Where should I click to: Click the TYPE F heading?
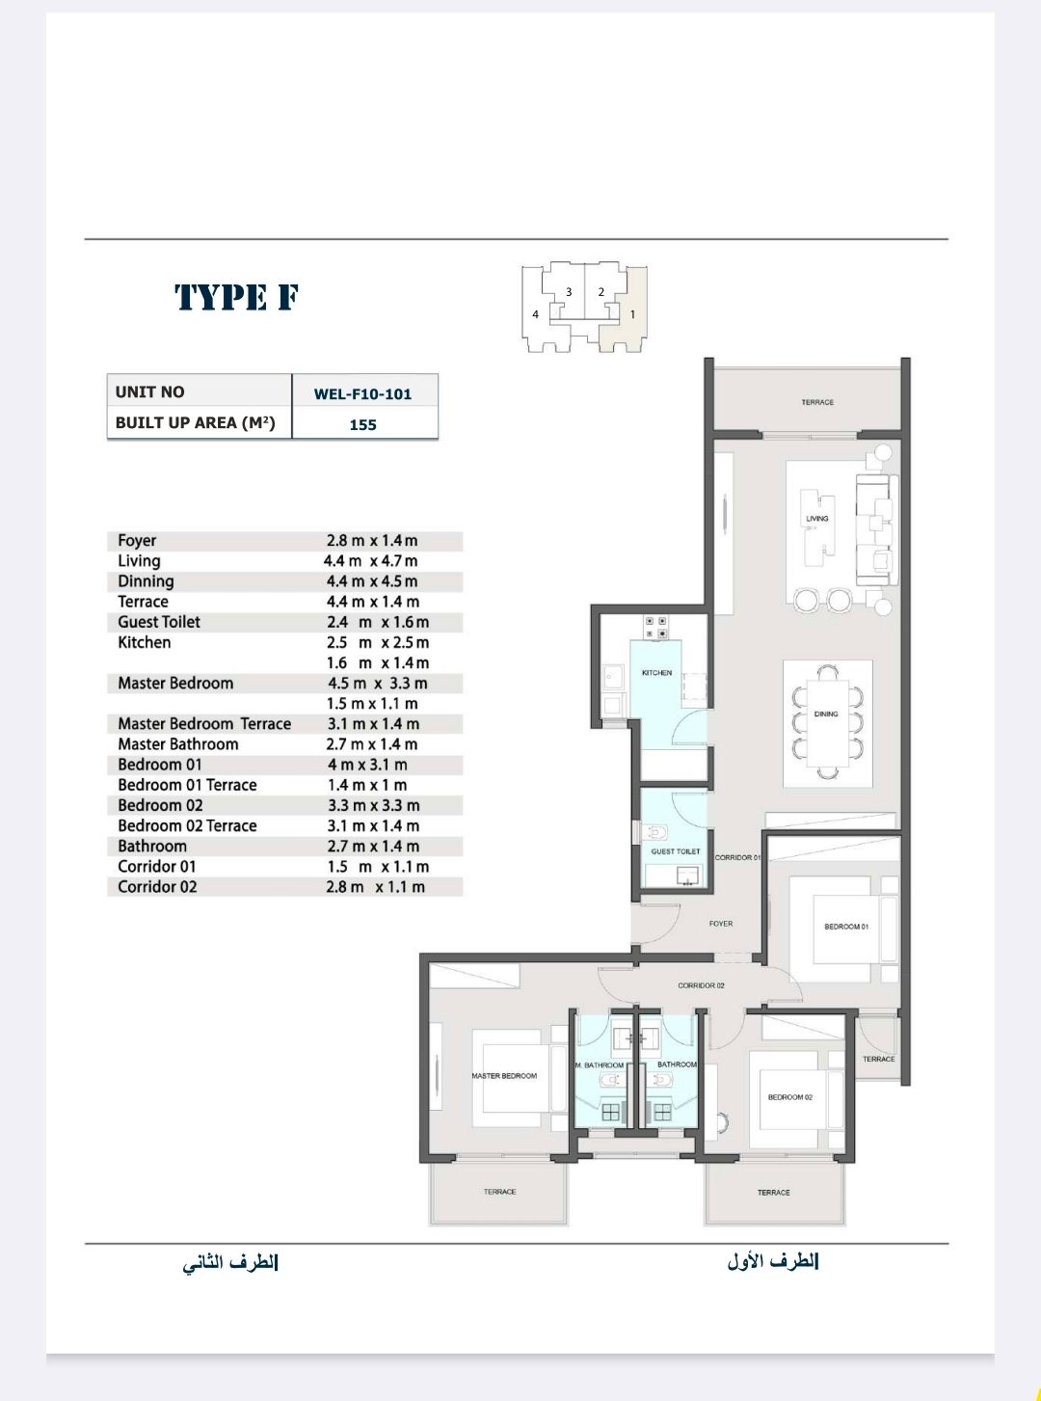coord(236,297)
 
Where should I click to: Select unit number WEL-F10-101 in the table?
coord(362,394)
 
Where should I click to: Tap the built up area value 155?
coord(362,425)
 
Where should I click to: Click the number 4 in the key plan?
coord(536,314)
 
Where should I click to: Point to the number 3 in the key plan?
coord(569,292)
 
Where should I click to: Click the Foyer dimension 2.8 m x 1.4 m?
coord(372,541)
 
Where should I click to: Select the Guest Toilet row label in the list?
coord(158,622)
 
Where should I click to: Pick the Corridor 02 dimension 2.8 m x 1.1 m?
coord(375,887)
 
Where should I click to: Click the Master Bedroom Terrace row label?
coord(204,724)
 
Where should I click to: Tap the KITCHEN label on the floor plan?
coord(657,673)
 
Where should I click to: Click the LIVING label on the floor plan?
coord(816,519)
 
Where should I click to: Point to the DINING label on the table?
coord(826,714)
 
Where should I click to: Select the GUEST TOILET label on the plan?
coord(676,851)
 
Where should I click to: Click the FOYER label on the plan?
coord(721,924)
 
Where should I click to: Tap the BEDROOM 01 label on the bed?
coord(846,927)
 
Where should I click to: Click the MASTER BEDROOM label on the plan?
coord(504,1076)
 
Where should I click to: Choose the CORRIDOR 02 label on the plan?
coord(701,985)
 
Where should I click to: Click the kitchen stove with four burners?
coord(655,628)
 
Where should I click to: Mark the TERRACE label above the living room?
coord(817,402)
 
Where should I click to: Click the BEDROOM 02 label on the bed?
coord(790,1097)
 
